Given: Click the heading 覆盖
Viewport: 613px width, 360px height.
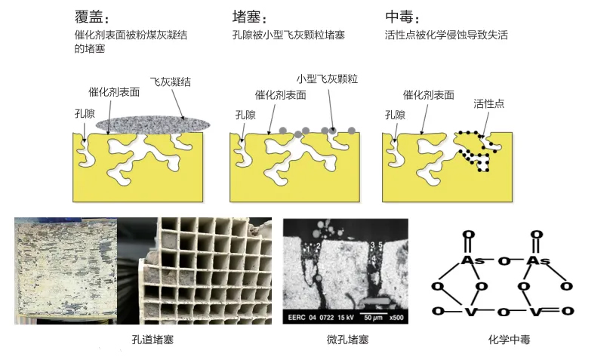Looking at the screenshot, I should (x=90, y=17).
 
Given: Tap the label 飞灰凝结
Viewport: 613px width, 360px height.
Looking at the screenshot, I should (x=171, y=82).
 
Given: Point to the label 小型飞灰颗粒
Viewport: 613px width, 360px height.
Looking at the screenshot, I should (x=327, y=79).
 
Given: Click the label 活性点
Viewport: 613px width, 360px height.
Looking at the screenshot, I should (x=488, y=103).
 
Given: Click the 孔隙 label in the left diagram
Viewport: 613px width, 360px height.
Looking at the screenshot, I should (x=85, y=113).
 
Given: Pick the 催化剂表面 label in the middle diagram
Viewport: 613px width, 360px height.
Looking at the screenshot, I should (x=280, y=95).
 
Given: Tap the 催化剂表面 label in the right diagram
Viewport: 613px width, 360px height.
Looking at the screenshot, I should (x=428, y=95).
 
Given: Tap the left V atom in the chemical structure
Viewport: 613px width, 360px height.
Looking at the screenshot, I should (x=470, y=311).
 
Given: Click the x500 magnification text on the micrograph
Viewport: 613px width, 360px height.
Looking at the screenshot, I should (x=396, y=317).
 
